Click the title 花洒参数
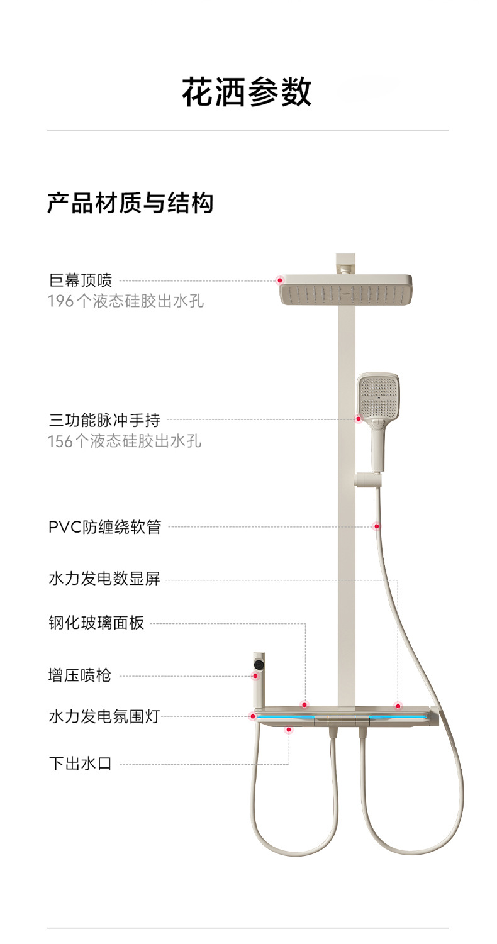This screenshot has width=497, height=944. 247,92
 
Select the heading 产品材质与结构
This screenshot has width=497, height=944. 130,203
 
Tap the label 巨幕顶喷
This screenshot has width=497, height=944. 80,280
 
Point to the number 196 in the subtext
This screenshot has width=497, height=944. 60,301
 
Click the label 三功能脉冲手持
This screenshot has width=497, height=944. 104,419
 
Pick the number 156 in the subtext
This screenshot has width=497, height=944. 60,441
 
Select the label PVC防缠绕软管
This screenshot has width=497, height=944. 104,526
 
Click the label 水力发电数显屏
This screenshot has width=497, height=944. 104,579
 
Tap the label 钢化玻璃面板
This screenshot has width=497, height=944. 96,623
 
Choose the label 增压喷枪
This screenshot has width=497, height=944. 80,675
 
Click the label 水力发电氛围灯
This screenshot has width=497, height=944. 104,716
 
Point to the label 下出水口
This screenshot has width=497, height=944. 80,764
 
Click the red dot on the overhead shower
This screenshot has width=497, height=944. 280,280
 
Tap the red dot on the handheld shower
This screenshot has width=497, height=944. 359,419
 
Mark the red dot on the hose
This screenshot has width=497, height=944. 377,526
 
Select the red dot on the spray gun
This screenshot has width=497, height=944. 255,676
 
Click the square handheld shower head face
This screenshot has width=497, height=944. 378,395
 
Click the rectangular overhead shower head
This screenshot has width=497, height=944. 345,292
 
